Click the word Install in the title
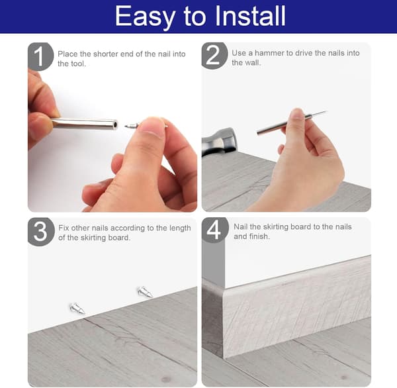[x=250, y=16]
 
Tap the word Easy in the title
[x=146, y=17]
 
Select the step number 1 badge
[x=40, y=56]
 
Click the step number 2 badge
[x=214, y=56]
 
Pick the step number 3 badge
[x=41, y=232]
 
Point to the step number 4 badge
[x=214, y=230]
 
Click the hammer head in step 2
[x=219, y=142]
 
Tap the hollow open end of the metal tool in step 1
[x=115, y=124]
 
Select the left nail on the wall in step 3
[x=77, y=308]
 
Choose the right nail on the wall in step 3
[x=145, y=292]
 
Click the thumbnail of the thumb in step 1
[x=152, y=127]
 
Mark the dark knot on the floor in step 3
[x=166, y=379]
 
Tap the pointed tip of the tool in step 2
[x=326, y=111]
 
